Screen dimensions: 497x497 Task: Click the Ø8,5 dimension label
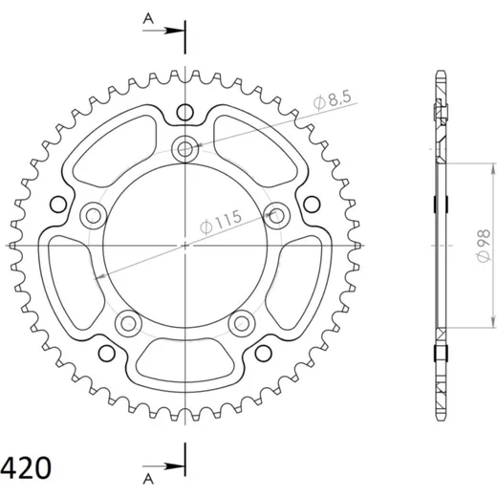tap(332, 99)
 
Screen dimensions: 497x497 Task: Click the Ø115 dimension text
tap(221, 222)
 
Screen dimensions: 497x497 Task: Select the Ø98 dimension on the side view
tap(484, 246)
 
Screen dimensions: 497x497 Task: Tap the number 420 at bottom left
tap(26, 467)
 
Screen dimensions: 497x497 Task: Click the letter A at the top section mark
tap(148, 19)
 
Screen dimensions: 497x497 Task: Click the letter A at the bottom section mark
tap(148, 479)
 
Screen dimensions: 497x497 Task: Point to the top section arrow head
tap(175, 31)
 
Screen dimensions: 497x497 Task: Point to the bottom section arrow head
tap(175, 466)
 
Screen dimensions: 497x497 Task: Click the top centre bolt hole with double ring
tap(184, 148)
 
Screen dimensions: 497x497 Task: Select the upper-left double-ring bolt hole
tap(93, 215)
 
